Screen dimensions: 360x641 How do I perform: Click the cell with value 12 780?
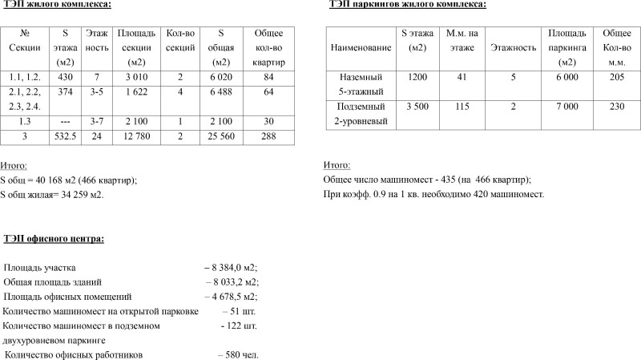pos(135,137)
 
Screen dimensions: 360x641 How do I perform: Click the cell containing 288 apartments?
pos(268,137)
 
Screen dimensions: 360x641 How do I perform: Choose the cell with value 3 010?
pos(135,77)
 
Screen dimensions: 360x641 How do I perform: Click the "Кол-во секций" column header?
pos(179,40)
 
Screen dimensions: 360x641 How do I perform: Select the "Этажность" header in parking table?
pos(513,48)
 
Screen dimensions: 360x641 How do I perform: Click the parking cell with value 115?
pos(462,106)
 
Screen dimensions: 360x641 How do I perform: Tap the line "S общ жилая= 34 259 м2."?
pos(52,194)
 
